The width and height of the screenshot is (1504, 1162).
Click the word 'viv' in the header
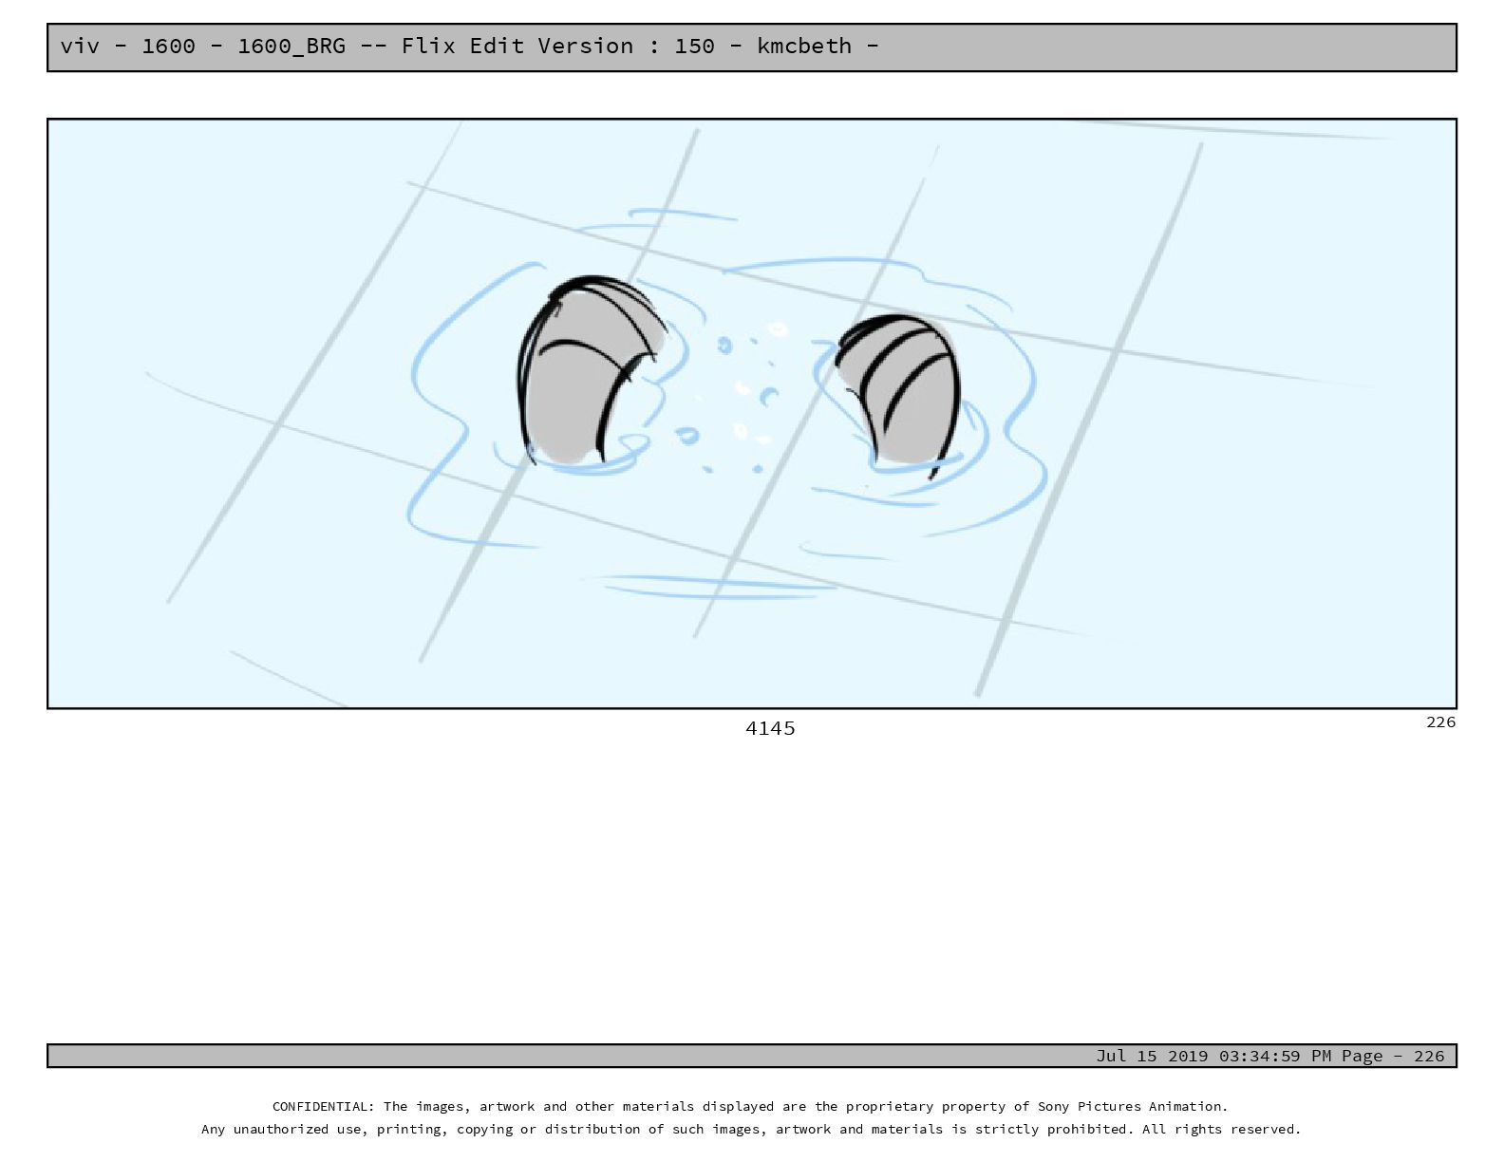(80, 46)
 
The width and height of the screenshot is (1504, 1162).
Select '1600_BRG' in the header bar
(291, 47)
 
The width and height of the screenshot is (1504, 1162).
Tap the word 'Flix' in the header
(427, 46)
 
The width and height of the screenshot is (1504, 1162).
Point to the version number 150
(694, 46)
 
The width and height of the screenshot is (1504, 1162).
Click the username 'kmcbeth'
(804, 46)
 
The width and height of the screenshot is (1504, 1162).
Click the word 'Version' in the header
(585, 46)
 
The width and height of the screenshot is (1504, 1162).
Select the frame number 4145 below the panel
(770, 728)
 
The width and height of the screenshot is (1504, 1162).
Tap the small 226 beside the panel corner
(1440, 722)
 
